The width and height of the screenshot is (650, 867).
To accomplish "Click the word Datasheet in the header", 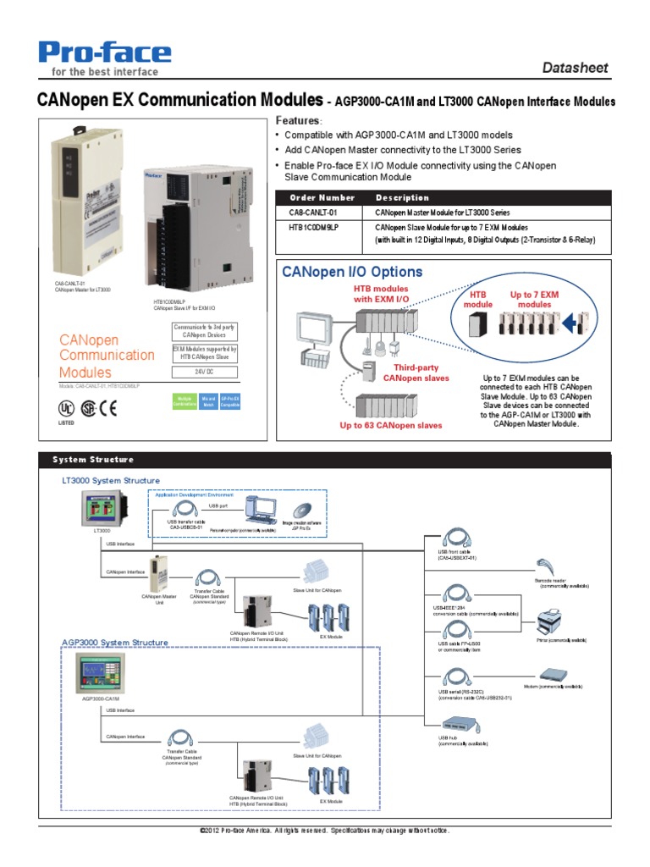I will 575,68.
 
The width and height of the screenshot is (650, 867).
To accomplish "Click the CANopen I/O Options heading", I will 352,272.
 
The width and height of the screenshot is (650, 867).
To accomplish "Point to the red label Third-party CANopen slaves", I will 416,373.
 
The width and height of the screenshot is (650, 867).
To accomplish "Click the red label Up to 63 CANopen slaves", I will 391,425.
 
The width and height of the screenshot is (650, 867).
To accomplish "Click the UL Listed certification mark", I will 66,409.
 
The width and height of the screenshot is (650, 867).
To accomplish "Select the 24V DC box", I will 205,372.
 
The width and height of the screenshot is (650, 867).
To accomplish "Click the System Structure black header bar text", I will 93,460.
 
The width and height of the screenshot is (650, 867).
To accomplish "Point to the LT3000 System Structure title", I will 110,480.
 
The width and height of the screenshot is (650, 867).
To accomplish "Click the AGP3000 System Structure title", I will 114,643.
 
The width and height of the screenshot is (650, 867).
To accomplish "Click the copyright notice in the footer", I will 324,831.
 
